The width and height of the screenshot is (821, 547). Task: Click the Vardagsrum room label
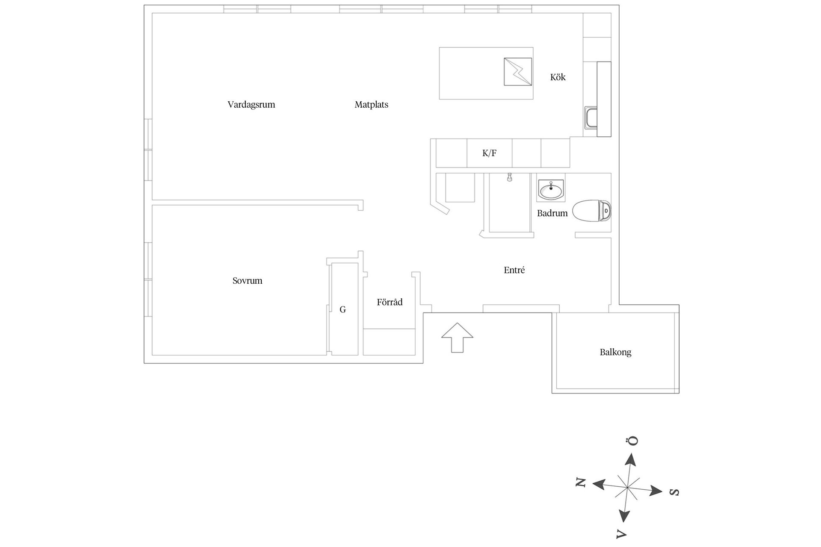coord(251,105)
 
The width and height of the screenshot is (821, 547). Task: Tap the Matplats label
coord(371,105)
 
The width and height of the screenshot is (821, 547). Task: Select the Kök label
coord(558,77)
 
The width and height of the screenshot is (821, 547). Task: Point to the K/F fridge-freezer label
coord(489,153)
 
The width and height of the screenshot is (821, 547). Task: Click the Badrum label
coord(552,213)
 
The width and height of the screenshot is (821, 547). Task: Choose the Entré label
coord(514,270)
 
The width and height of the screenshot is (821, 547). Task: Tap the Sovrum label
coord(247,281)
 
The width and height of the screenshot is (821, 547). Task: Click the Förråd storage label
coord(390,302)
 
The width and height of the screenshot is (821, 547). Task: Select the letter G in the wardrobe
coord(343,309)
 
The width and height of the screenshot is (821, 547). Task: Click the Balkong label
coord(615,352)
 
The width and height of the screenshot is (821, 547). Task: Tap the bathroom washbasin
coord(551,190)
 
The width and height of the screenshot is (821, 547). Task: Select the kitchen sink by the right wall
coord(591,118)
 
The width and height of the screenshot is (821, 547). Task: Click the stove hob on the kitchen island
coord(518,72)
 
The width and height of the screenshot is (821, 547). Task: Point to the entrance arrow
coord(457,337)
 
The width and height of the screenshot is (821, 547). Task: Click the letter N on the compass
coord(580,483)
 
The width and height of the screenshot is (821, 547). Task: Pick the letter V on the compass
coord(620,534)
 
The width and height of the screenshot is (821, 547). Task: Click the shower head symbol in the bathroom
coord(509,177)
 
